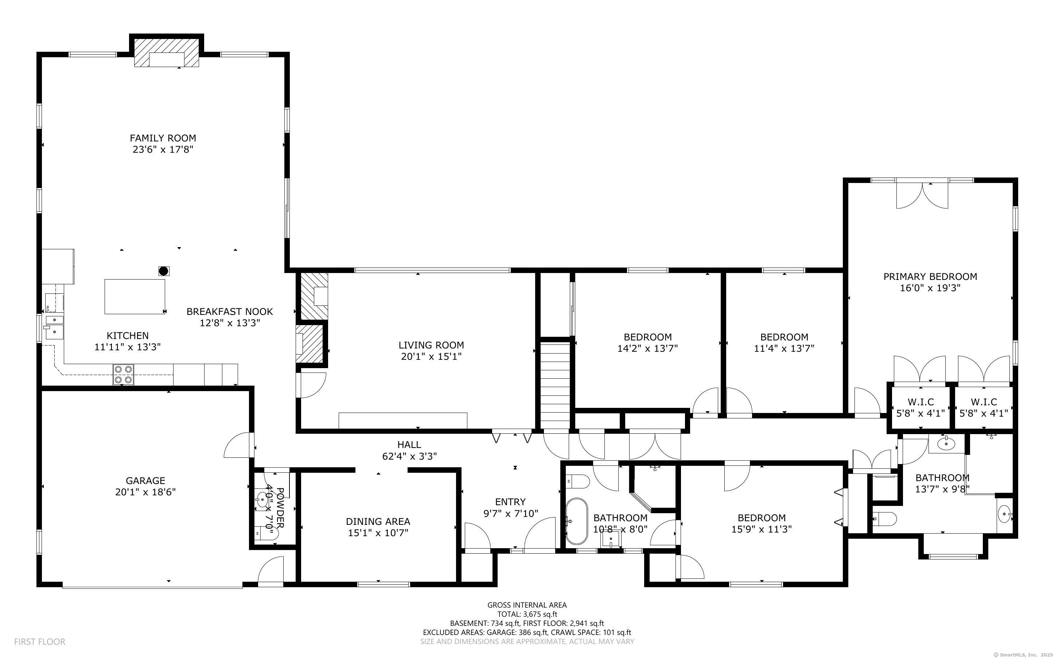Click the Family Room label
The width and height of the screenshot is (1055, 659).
click(163, 138)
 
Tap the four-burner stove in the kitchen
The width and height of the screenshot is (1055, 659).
click(123, 374)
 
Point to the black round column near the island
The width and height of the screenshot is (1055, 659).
click(163, 271)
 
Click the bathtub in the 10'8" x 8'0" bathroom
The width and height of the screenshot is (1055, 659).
click(576, 521)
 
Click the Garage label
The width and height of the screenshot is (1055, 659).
click(145, 481)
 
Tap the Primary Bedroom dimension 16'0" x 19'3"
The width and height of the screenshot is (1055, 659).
click(930, 288)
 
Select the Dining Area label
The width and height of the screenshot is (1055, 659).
click(378, 521)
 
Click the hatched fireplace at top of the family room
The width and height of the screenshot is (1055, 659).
click(167, 53)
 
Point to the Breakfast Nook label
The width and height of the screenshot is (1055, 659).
click(230, 312)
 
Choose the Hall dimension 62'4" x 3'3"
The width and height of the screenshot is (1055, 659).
click(409, 456)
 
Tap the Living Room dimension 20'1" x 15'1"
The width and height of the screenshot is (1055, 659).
click(431, 356)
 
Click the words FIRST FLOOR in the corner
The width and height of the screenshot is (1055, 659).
click(40, 642)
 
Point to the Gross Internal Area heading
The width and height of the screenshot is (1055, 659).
click(527, 605)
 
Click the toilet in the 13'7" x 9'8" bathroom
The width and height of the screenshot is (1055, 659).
click(885, 519)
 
